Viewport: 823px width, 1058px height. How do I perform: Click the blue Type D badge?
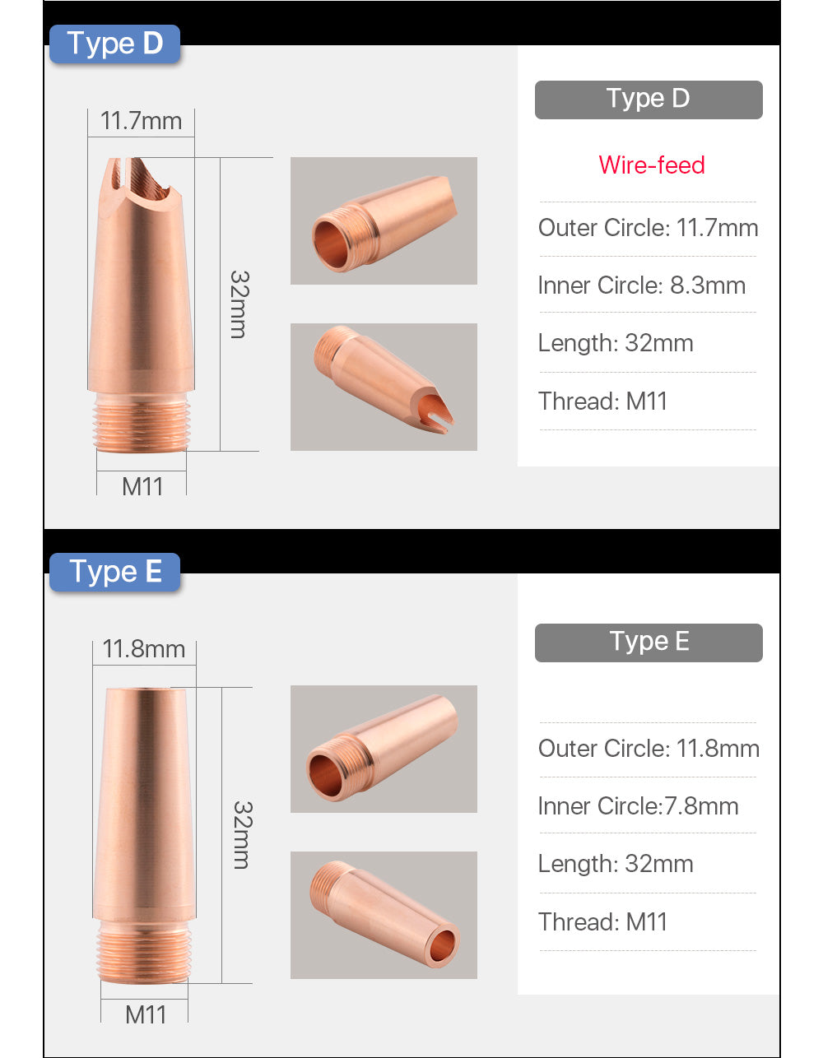tap(114, 44)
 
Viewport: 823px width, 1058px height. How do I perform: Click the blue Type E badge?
tap(114, 572)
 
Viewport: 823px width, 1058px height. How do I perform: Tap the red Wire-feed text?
tap(651, 165)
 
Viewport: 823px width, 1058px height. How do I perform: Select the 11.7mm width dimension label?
tap(141, 121)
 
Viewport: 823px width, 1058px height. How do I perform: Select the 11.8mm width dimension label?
tap(143, 649)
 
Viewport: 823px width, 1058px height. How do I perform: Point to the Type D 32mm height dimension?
tap(238, 304)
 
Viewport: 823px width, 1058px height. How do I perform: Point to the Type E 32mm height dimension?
tap(241, 834)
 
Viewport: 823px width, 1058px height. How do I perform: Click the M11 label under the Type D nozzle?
tap(142, 486)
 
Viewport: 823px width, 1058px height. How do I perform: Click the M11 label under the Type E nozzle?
tap(146, 1014)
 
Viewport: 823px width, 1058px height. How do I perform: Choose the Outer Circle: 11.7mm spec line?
tap(648, 228)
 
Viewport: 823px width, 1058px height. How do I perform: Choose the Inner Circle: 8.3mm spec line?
tap(641, 285)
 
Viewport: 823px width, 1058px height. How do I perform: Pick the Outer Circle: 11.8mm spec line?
tap(648, 749)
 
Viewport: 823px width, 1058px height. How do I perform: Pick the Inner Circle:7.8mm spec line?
tap(638, 806)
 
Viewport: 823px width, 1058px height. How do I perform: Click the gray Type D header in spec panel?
tap(648, 100)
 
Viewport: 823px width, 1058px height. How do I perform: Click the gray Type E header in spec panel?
tap(648, 643)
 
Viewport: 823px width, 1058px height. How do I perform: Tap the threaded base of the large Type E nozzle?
tap(144, 950)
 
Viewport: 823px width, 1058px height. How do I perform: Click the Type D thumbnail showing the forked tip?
tap(384, 387)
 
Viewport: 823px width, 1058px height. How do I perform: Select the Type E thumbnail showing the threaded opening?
tap(384, 749)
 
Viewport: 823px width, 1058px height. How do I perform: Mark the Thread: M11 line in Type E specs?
tap(602, 922)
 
